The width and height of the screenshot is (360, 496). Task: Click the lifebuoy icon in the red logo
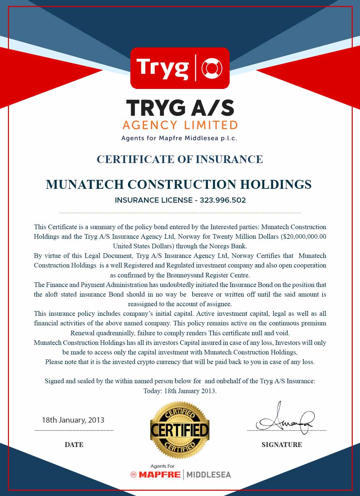[x=212, y=68]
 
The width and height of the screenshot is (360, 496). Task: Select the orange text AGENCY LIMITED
[x=180, y=125]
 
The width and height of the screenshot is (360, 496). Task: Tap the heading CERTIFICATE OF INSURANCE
[x=180, y=159]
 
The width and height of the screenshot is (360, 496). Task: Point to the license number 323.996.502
[x=223, y=200]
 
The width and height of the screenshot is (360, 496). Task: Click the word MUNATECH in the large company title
[x=85, y=184]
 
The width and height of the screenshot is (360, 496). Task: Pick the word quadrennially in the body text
[x=115, y=333]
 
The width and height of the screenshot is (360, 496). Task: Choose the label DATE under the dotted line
[x=74, y=445]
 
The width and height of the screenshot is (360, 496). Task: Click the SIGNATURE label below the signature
[x=282, y=445]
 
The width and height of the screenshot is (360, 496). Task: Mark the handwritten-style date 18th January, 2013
[x=73, y=420]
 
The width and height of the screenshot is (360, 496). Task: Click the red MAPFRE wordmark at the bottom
[x=159, y=475]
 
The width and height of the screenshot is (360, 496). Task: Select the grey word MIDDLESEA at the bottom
[x=208, y=475]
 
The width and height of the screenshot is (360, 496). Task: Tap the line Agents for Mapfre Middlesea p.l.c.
[x=179, y=138]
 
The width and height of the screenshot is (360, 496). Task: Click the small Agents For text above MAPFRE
[x=162, y=466]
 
